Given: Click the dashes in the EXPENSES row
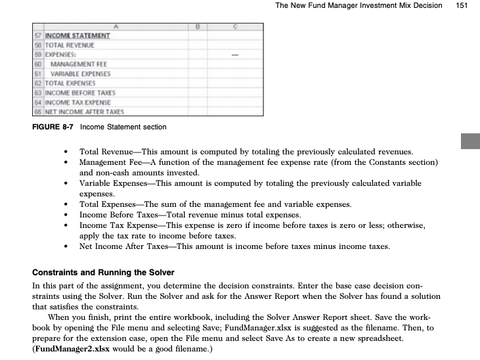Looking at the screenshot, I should tap(234, 55).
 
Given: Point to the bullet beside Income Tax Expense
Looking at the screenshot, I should tap(67, 225).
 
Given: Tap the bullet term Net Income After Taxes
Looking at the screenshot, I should tap(127, 246).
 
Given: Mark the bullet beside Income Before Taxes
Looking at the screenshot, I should tap(67, 215).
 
